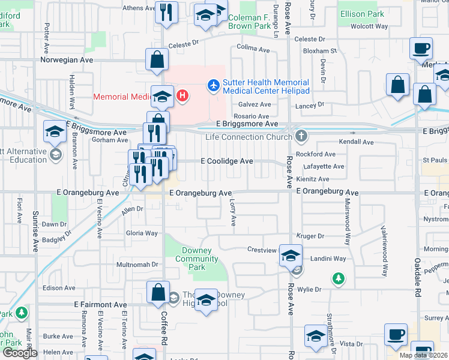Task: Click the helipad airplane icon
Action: (213, 86)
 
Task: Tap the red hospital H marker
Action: (182, 95)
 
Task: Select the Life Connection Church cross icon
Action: (301, 137)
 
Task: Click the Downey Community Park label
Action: (196, 259)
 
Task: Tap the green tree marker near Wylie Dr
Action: (339, 278)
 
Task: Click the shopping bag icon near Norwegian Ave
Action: (156, 60)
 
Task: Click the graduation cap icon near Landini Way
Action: (291, 256)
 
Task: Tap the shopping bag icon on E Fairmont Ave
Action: (158, 293)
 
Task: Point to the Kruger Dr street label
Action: (310, 236)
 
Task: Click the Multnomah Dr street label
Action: (137, 264)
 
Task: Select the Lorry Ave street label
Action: (233, 212)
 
